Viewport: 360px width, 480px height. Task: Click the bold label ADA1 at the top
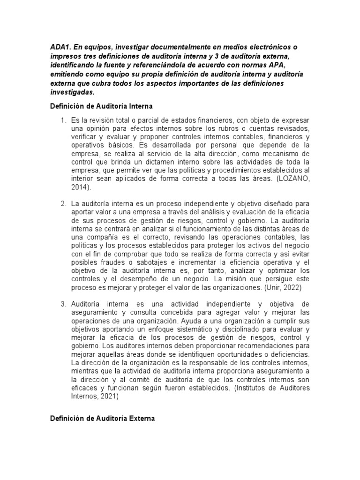tap(60, 48)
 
